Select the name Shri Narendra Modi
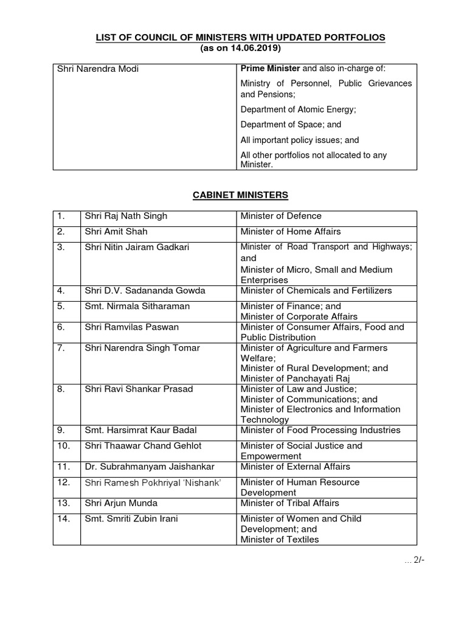click(98, 69)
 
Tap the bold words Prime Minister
click(271, 69)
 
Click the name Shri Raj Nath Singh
click(126, 216)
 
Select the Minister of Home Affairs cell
click(291, 232)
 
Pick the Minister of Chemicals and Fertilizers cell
click(316, 291)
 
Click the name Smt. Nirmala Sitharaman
click(137, 307)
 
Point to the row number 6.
click(61, 327)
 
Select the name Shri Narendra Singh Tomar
click(142, 348)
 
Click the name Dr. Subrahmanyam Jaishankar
click(150, 467)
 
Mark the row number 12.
click(63, 482)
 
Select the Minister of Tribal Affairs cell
click(290, 503)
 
